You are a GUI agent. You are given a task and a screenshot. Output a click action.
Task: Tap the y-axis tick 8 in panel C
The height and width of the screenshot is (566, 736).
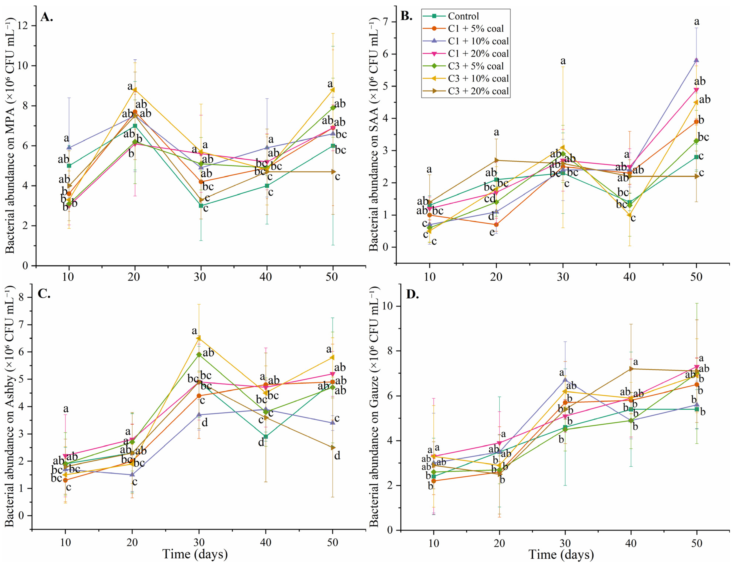[x=22, y=297]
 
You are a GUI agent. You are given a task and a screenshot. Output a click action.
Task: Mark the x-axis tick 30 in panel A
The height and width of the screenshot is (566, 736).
[x=201, y=277]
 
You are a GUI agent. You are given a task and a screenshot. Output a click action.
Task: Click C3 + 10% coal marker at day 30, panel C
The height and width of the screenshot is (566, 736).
[x=199, y=338]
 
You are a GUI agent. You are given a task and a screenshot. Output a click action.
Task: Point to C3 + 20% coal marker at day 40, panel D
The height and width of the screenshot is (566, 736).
[x=631, y=369]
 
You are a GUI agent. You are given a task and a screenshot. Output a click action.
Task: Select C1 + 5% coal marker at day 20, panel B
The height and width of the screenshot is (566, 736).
[x=496, y=225]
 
